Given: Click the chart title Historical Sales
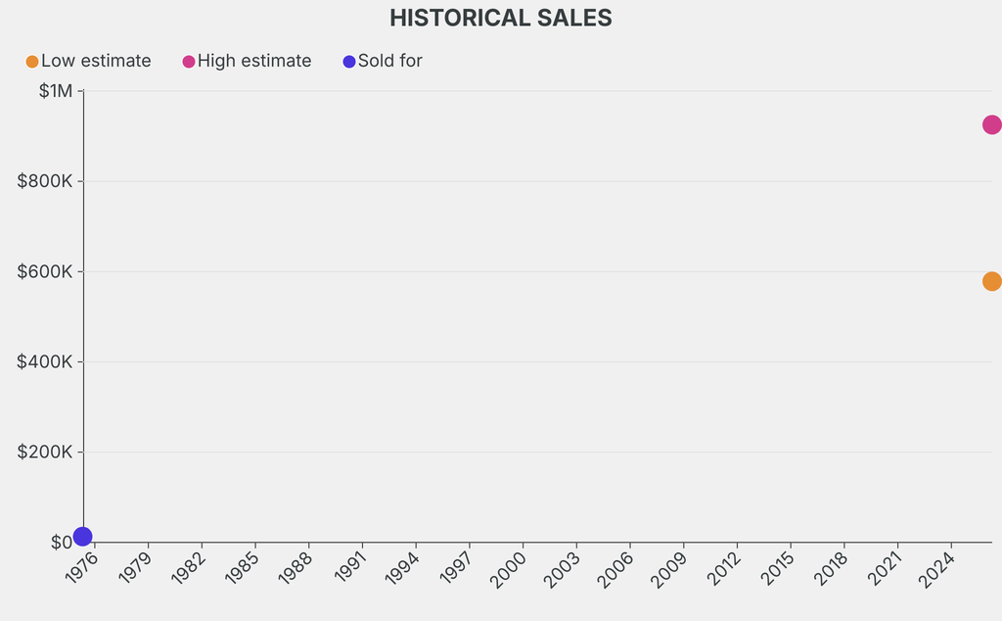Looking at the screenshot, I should click(500, 18).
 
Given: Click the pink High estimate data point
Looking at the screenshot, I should click(991, 124).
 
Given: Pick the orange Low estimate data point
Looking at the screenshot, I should click(991, 281).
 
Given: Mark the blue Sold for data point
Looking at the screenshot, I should click(83, 536).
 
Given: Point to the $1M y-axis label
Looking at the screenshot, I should click(56, 91).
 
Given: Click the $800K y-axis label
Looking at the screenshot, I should click(45, 181).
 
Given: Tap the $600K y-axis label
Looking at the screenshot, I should click(45, 271).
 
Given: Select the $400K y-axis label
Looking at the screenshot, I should click(45, 361).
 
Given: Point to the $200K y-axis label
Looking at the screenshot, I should click(45, 452).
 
